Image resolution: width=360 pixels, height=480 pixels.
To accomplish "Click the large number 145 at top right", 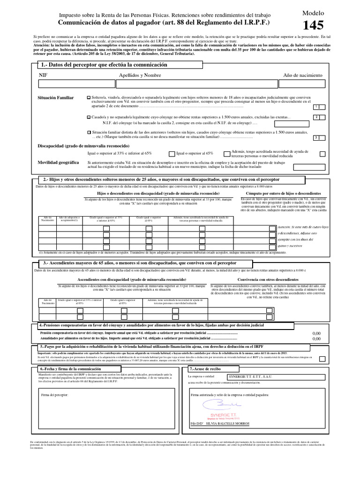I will click(x=313, y=26).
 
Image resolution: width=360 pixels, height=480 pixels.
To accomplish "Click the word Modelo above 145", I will click(x=313, y=14).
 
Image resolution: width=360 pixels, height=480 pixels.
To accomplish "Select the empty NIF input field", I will click(x=75, y=84).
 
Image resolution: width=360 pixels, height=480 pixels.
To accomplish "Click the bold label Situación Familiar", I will click(x=56, y=97).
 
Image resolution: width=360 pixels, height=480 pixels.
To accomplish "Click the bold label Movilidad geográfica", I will click(x=58, y=162).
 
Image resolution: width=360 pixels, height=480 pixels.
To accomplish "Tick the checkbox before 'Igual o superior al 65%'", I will click(x=172, y=153).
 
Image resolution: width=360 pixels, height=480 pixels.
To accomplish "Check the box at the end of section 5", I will click(x=322, y=358).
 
